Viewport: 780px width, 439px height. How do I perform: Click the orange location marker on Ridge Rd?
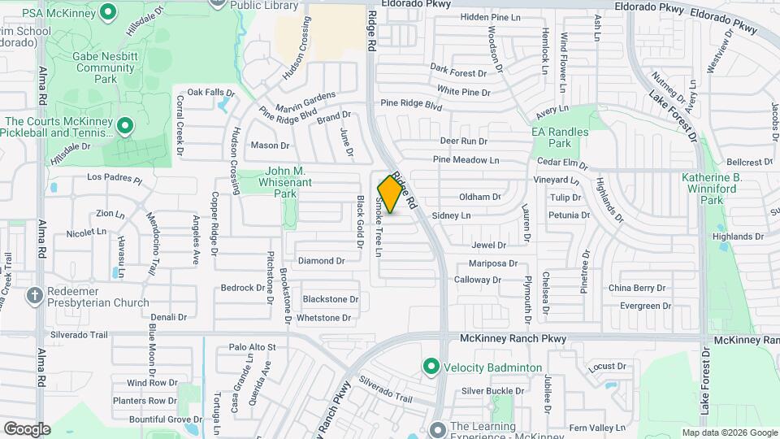point(391,194)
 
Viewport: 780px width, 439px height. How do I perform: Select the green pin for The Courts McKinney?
point(124,126)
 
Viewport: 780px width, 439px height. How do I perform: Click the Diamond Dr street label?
point(322,261)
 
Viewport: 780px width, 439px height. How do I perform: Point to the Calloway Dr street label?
point(478,280)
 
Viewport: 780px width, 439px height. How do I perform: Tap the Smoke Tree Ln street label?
point(379,227)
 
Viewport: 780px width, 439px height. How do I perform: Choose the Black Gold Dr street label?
point(357,222)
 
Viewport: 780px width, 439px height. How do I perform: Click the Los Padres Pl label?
point(115,177)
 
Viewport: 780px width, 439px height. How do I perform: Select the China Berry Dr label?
point(637,288)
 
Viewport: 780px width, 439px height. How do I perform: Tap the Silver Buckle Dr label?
point(493,391)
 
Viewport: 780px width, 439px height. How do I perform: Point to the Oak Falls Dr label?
point(210,93)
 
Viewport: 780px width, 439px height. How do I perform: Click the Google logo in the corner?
point(27,428)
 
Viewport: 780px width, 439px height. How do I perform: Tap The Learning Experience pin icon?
point(438,427)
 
